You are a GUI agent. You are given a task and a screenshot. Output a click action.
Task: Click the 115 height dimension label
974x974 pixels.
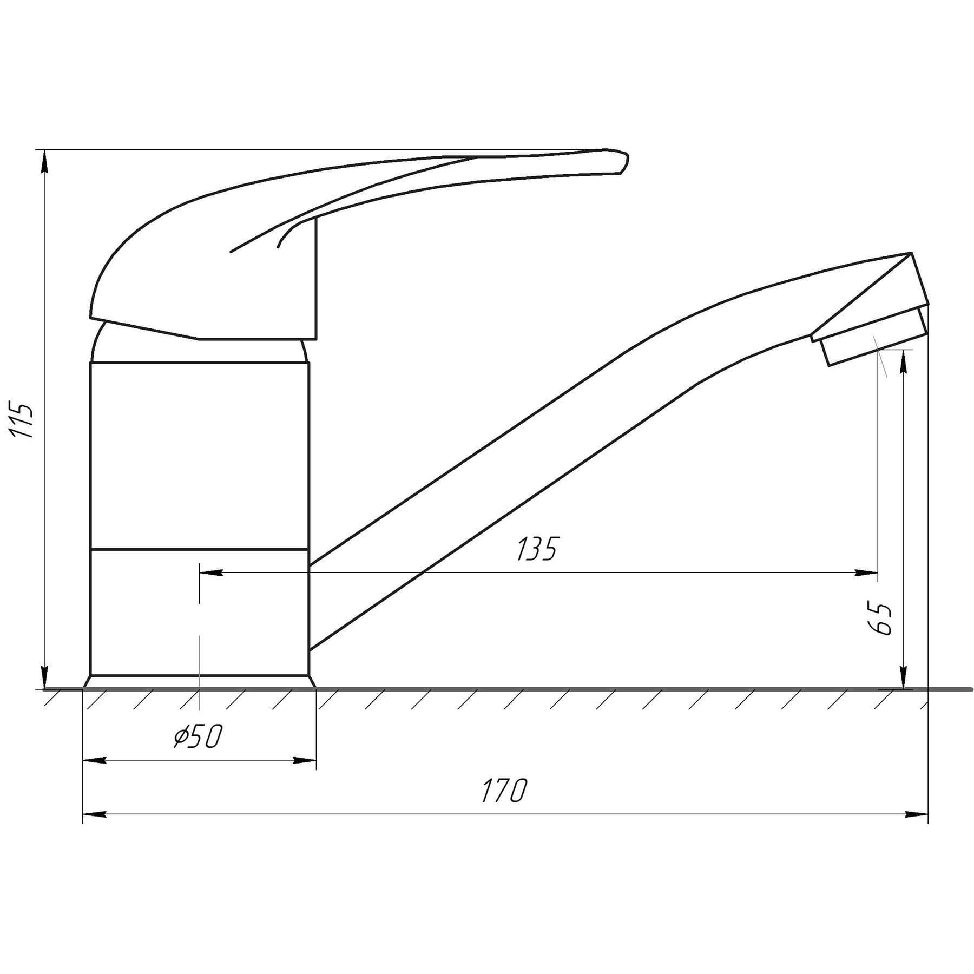coord(23,419)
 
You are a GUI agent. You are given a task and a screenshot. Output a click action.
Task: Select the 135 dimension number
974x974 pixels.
coord(537,549)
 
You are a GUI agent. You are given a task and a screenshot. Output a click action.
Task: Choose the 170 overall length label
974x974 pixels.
coord(504,791)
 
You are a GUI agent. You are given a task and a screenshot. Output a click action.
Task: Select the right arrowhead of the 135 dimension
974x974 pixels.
coord(866,573)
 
